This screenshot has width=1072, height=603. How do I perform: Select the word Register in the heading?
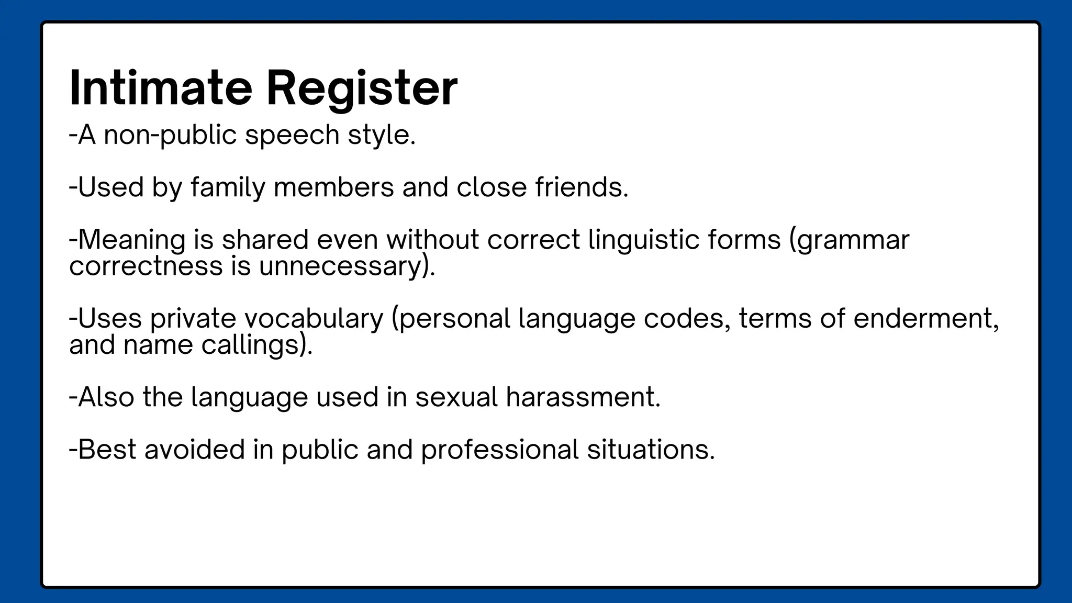pyautogui.click(x=362, y=88)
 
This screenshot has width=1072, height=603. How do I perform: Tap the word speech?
pyautogui.click(x=292, y=136)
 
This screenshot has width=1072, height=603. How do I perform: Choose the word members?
pyautogui.click(x=333, y=187)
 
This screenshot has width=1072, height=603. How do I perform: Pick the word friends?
pyautogui.click(x=581, y=187)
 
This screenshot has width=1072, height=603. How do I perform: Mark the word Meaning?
pyautogui.click(x=131, y=240)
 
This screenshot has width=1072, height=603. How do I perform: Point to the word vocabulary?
pyautogui.click(x=314, y=319)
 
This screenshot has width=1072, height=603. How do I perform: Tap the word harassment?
pyautogui.click(x=583, y=397)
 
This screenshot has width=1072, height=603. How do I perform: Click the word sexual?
pyautogui.click(x=456, y=397)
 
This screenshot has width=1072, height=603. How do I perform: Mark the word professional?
pyautogui.click(x=499, y=450)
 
